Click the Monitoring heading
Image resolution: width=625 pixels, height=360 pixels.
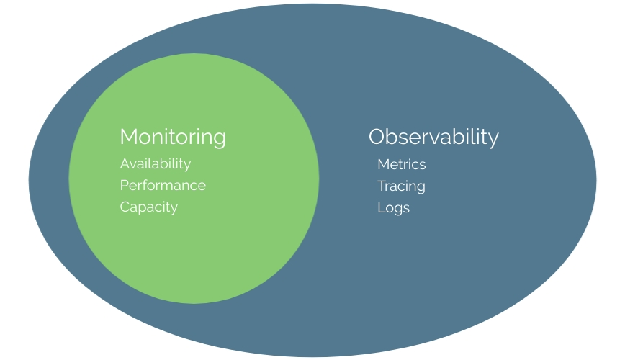(172, 137)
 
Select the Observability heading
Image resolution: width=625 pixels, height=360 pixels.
(433, 137)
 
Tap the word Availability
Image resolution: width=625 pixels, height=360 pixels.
(156, 164)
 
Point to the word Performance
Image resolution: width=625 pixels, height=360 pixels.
(163, 186)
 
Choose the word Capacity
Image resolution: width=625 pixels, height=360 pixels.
(148, 207)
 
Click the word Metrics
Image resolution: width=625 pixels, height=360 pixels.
(402, 165)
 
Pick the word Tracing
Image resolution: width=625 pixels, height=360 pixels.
(401, 186)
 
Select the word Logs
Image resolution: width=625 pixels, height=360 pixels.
(393, 208)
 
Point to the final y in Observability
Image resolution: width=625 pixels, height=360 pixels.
(493, 140)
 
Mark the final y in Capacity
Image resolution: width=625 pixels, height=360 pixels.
(174, 210)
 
